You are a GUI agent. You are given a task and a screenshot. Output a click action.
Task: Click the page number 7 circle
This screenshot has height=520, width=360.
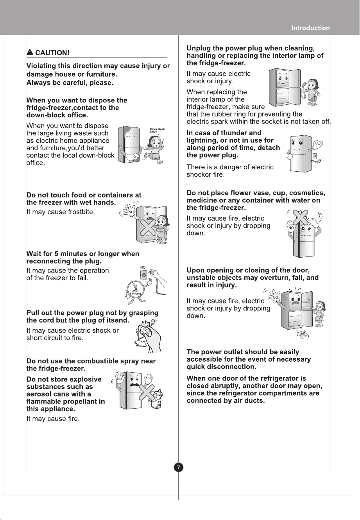[x=178, y=467]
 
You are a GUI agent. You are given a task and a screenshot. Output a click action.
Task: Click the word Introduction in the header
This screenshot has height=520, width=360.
[x=311, y=28]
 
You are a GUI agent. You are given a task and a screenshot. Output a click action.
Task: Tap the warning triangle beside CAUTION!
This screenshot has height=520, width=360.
[x=30, y=52]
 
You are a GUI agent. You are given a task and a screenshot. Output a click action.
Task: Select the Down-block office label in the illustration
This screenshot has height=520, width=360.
[x=157, y=130]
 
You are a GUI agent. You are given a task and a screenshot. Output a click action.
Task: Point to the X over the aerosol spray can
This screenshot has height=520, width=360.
[x=147, y=392]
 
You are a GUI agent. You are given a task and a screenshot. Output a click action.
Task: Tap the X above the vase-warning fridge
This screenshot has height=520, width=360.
[x=300, y=218]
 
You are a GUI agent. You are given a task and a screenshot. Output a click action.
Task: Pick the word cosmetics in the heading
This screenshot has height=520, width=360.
[x=307, y=193]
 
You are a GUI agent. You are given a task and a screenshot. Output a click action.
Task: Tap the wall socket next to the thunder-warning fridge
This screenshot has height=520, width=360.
[x=315, y=156]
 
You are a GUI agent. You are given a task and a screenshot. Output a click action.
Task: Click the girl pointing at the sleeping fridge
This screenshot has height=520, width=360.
[x=154, y=149]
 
